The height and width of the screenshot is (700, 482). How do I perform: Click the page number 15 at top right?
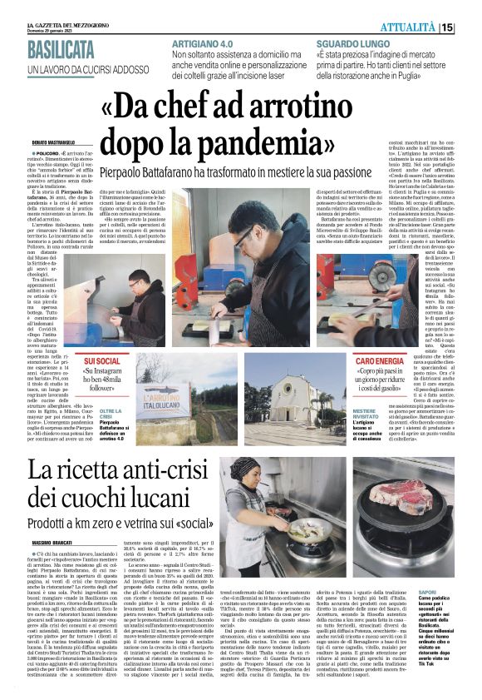pyautogui.click(x=470, y=28)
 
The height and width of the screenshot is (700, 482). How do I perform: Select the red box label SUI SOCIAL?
pyautogui.click(x=101, y=362)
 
